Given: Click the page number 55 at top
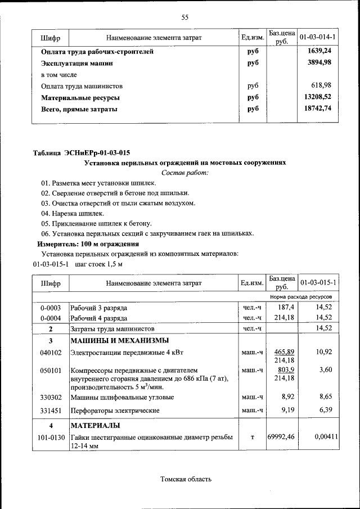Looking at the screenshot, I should click(184, 17).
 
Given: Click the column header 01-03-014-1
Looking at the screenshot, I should click(318, 37).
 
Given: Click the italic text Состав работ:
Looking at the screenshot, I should click(184, 173).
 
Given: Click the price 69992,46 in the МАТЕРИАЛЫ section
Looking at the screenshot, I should click(282, 436).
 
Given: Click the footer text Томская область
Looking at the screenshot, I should click(186, 479).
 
